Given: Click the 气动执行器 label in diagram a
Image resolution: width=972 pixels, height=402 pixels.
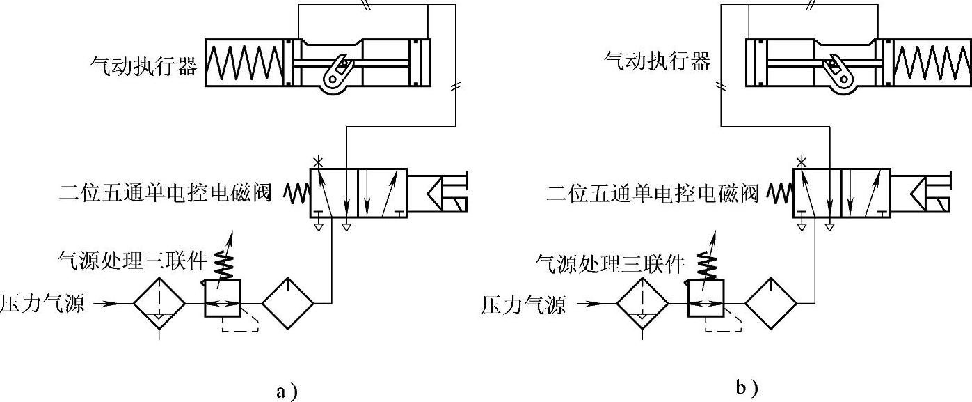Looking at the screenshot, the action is [x=143, y=66].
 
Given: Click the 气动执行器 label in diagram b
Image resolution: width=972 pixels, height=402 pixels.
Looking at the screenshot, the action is [x=657, y=61].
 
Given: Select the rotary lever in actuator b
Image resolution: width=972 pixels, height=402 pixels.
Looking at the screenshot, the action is [x=837, y=72].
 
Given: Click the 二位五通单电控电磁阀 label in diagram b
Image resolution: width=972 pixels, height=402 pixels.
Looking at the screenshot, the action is [x=653, y=191].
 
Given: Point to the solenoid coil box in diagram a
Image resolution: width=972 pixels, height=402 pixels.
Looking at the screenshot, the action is [x=438, y=192].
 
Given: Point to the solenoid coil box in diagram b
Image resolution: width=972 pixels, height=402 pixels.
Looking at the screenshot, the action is [x=921, y=192].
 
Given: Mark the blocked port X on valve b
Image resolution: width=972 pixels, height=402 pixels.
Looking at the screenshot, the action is [x=802, y=162].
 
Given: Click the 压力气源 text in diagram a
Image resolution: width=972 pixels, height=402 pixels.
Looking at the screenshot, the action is [x=42, y=304].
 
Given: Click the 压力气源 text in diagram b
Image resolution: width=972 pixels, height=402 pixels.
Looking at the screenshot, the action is [x=523, y=304].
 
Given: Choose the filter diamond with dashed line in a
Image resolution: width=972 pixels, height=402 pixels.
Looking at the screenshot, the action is [x=160, y=304].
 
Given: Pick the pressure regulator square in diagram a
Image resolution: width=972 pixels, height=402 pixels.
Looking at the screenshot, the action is [x=222, y=300].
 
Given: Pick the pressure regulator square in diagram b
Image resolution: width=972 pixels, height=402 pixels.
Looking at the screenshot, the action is [x=705, y=300].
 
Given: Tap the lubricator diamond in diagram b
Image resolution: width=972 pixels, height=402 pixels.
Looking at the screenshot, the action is [x=771, y=304].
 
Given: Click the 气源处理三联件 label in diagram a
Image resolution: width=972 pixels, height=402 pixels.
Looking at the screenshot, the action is [x=133, y=261].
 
